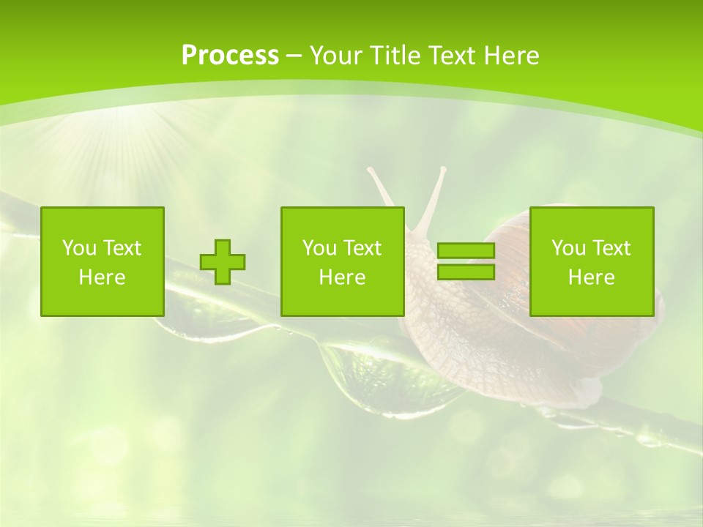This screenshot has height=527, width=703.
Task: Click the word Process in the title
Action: click(x=230, y=56)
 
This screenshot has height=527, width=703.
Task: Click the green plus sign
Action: click(x=223, y=262)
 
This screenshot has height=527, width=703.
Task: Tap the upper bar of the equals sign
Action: click(x=466, y=251)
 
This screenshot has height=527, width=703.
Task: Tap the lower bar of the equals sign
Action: click(x=466, y=272)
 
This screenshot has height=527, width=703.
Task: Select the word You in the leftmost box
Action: click(x=79, y=248)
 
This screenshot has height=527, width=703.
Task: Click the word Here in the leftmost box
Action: click(x=102, y=277)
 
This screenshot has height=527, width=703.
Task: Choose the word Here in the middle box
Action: click(x=342, y=277)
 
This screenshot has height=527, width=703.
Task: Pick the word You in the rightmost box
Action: click(x=568, y=248)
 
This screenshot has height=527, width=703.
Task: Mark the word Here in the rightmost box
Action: click(x=591, y=277)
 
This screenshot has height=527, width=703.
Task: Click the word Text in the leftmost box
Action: click(x=122, y=248)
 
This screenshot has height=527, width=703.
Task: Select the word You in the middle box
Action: click(x=319, y=248)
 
